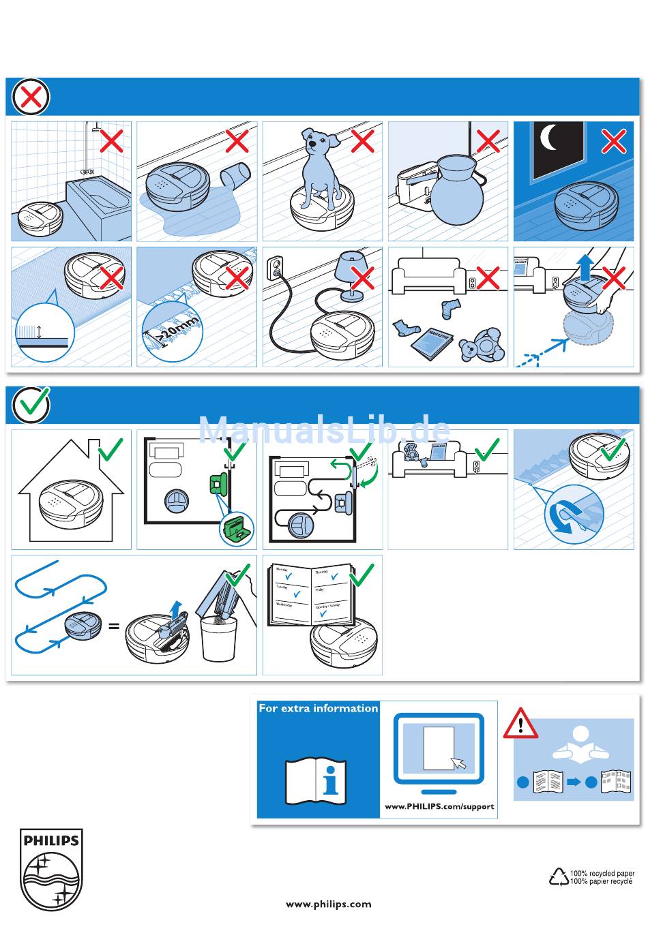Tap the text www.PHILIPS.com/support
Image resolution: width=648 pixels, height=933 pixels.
pos(439,806)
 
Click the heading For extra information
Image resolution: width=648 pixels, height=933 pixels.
pos(318,709)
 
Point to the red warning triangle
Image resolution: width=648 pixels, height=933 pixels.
pos(520,724)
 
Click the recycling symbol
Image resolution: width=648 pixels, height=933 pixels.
pos(559,876)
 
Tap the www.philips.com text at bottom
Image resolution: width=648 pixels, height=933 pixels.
pos(329,904)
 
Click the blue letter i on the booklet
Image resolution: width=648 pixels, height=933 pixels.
pos(332,780)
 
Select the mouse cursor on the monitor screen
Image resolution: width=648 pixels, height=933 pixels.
pos(458,763)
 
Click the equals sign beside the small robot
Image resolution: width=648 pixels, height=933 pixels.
pos(114,626)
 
